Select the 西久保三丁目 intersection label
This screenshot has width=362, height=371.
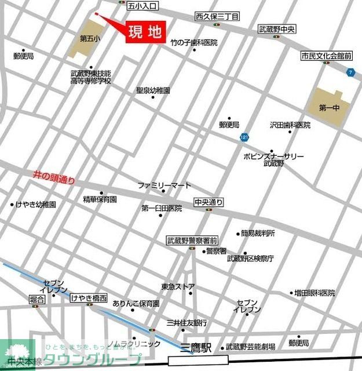point(217,17)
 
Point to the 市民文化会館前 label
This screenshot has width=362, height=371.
point(327,56)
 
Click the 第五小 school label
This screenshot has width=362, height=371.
point(90,38)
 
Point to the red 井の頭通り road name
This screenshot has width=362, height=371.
point(54,176)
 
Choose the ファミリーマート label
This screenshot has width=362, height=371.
point(164,185)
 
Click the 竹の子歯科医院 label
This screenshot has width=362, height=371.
point(193,42)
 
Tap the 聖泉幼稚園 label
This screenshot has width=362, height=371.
point(153,90)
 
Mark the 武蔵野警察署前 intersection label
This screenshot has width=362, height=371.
point(192,240)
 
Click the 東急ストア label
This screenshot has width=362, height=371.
point(178,286)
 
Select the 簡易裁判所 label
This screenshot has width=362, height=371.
point(258,233)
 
